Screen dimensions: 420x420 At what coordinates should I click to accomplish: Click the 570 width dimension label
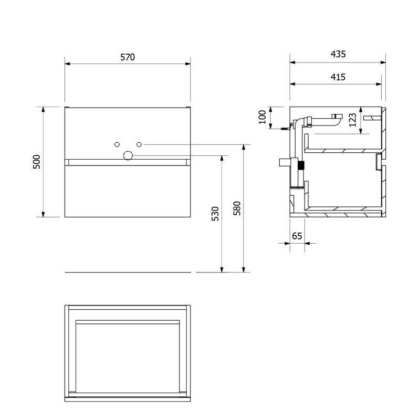point(128,57)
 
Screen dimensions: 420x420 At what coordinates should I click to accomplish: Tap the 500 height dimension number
point(36,162)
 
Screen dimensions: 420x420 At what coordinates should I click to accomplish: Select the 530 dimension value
point(215,214)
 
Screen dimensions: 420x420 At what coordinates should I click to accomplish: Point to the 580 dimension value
point(237,208)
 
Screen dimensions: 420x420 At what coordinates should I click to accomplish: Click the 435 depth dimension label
point(338,54)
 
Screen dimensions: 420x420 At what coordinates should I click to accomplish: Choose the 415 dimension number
point(338,77)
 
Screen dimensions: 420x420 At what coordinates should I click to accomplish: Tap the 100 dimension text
point(262,117)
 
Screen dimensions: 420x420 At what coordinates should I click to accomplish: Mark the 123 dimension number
point(352,120)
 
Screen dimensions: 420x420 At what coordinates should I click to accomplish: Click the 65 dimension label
point(297,236)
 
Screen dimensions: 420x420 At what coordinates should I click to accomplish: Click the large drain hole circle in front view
point(128,155)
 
